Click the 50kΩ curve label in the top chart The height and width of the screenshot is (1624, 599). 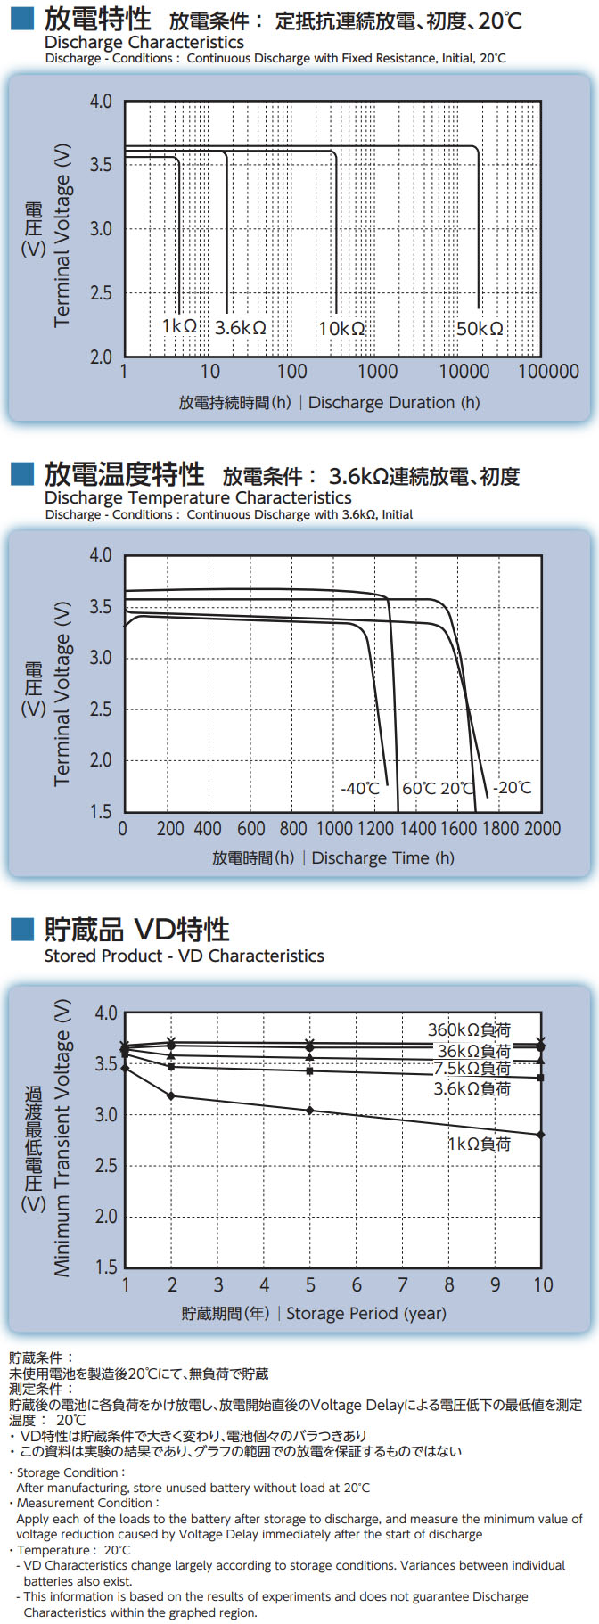click(x=480, y=329)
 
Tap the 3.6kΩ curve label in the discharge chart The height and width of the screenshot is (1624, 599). click(x=240, y=328)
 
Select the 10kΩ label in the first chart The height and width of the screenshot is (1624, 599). click(x=341, y=329)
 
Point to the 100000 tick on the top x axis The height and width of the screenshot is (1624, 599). click(x=548, y=372)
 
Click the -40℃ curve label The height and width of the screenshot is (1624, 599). click(x=360, y=789)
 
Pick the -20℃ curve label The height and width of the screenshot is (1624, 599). click(x=513, y=788)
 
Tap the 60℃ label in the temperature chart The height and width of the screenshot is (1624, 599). click(x=419, y=789)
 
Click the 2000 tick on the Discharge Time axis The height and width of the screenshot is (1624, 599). click(x=542, y=829)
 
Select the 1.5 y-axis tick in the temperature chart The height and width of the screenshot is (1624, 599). click(x=101, y=812)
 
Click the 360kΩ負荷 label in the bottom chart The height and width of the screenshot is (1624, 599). click(x=469, y=1030)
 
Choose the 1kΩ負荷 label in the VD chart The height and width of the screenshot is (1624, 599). click(x=479, y=1144)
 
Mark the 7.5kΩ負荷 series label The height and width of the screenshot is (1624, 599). click(x=472, y=1068)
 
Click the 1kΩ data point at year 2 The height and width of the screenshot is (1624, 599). click(x=171, y=1095)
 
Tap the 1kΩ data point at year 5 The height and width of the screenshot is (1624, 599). click(x=310, y=1111)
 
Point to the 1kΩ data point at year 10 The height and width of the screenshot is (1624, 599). click(x=541, y=1135)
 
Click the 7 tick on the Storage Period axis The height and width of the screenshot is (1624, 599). click(x=403, y=1285)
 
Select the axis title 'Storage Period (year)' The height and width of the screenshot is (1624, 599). click(x=366, y=1314)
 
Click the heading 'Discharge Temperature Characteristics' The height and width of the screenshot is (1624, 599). click(x=198, y=498)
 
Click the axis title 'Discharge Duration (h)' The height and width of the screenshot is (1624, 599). click(x=394, y=403)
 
